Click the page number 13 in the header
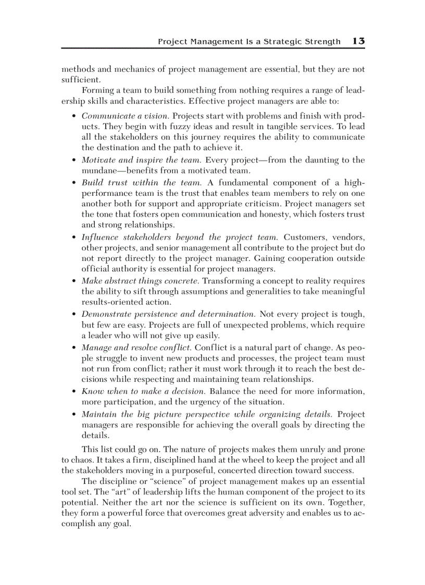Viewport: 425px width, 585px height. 358,41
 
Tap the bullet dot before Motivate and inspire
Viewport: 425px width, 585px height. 74,160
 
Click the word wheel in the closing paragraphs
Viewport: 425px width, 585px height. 237,460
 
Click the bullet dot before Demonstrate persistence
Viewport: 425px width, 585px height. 74,315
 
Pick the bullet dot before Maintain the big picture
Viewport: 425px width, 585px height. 74,415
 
